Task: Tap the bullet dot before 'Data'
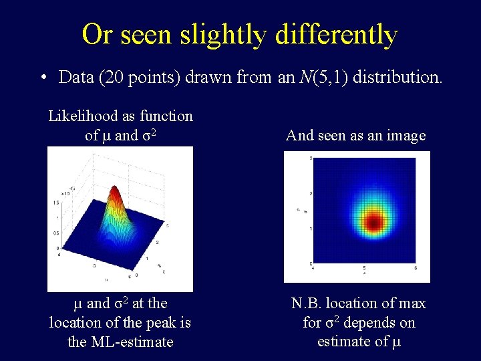[x=42, y=78]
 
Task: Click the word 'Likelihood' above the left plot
[x=82, y=116]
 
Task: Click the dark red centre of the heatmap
[x=373, y=221]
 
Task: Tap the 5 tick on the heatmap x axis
[x=365, y=268]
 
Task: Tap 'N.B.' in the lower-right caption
[x=308, y=304]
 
